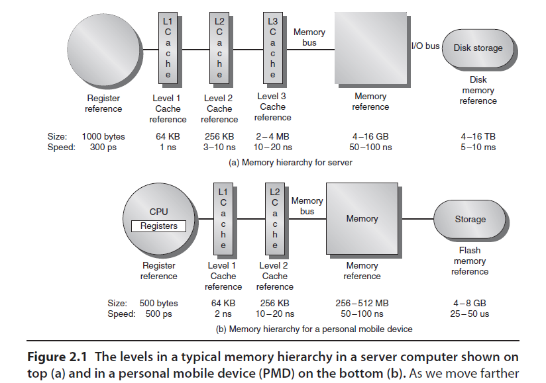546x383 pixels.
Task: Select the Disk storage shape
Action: pos(478,48)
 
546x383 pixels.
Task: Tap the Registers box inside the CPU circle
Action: pos(159,226)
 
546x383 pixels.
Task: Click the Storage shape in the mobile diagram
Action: pos(470,220)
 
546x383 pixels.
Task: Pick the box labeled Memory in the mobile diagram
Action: pos(362,219)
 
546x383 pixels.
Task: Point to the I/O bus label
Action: pos(425,46)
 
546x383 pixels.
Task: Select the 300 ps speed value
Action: pos(103,148)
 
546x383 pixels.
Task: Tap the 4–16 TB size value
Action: pos(478,137)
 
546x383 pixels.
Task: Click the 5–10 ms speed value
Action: pos(478,148)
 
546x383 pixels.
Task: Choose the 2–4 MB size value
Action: pos(272,137)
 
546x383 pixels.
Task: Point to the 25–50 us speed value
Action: pos(470,314)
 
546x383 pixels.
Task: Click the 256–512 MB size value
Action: pos(362,304)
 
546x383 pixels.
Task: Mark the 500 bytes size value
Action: pos(158,304)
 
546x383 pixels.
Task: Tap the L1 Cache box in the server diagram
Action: pos(168,48)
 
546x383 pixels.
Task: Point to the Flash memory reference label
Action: pos(470,261)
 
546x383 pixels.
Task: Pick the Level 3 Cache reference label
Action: pos(272,107)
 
